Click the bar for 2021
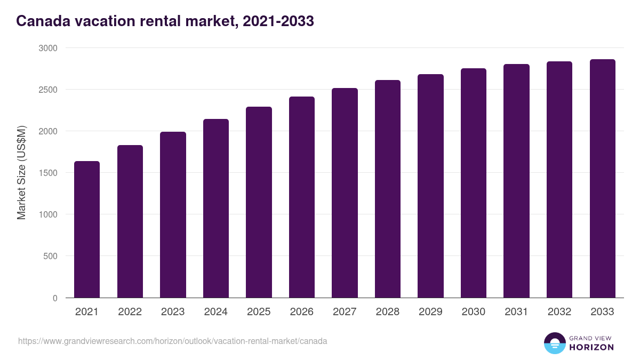[x=87, y=229]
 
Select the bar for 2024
[x=216, y=208]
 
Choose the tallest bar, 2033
[x=603, y=179]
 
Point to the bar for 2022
[x=130, y=221]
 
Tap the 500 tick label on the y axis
[x=50, y=256]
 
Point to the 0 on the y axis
[x=55, y=298]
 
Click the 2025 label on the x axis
[x=259, y=312]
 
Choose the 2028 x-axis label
[x=388, y=312]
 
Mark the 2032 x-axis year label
[x=559, y=312]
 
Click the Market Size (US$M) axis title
[x=21, y=173]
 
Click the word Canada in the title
[x=40, y=21]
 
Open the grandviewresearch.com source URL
[x=173, y=341]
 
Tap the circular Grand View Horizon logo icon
[x=555, y=343]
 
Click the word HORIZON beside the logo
[x=591, y=347]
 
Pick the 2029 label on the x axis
[x=430, y=312]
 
